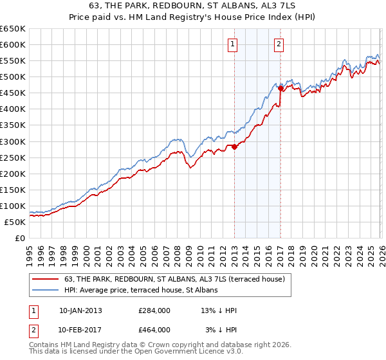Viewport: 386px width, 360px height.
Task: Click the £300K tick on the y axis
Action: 13,141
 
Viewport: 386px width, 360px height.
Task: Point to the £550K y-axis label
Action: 13,60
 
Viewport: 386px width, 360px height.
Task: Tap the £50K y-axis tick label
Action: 15,222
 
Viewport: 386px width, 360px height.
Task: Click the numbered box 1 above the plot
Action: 232,44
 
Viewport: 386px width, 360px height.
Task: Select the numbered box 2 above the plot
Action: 279,44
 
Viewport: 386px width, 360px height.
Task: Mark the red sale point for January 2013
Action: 234,147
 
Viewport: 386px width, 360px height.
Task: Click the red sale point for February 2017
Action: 280,88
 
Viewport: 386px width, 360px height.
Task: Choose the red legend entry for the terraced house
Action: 170,278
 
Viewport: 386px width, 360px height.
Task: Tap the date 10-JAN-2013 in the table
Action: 80,310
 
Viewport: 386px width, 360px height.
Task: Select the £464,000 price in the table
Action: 154,330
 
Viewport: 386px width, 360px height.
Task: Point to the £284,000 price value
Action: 154,310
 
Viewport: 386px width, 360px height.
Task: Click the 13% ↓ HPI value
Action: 219,310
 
